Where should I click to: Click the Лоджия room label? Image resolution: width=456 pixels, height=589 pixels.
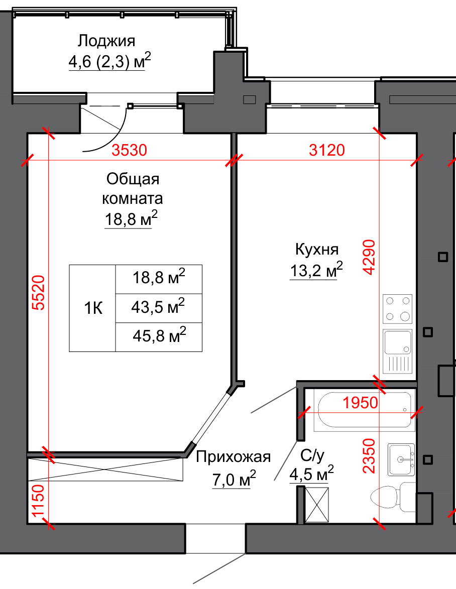pyautogui.click(x=106, y=41)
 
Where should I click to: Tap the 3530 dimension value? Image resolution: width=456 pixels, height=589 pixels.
pyautogui.click(x=129, y=150)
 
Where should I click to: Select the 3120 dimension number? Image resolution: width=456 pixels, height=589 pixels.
pyautogui.click(x=327, y=150)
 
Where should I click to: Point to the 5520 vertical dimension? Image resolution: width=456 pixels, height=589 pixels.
pyautogui.click(x=38, y=293)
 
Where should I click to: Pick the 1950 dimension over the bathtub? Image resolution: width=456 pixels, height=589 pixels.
pyautogui.click(x=360, y=403)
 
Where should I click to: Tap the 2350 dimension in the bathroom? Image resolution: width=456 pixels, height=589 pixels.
pyautogui.click(x=369, y=455)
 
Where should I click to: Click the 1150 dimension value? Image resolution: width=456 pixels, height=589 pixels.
pyautogui.click(x=38, y=501)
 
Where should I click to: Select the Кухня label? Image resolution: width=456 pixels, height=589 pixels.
pyautogui.click(x=317, y=250)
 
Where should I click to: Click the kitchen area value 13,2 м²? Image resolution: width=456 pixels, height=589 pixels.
pyautogui.click(x=316, y=270)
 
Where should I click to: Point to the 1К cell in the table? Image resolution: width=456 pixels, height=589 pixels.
pyautogui.click(x=93, y=308)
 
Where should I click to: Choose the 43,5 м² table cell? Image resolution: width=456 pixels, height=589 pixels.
pyautogui.click(x=159, y=308)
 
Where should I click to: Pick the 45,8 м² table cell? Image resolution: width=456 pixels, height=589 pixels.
pyautogui.click(x=159, y=337)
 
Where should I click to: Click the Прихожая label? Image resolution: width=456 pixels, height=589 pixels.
pyautogui.click(x=233, y=457)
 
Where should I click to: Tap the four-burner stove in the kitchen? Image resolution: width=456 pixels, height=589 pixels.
pyautogui.click(x=397, y=309)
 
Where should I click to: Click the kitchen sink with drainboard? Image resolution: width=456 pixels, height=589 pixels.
pyautogui.click(x=397, y=351)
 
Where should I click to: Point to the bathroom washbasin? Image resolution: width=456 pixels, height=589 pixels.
pyautogui.click(x=402, y=459)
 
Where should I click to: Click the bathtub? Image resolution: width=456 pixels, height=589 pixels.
pyautogui.click(x=365, y=410)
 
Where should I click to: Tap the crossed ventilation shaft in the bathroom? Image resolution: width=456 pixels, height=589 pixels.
pyautogui.click(x=317, y=505)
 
